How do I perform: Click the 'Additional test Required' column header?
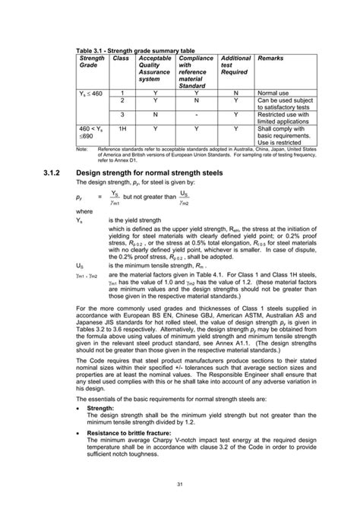(x=235, y=65)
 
